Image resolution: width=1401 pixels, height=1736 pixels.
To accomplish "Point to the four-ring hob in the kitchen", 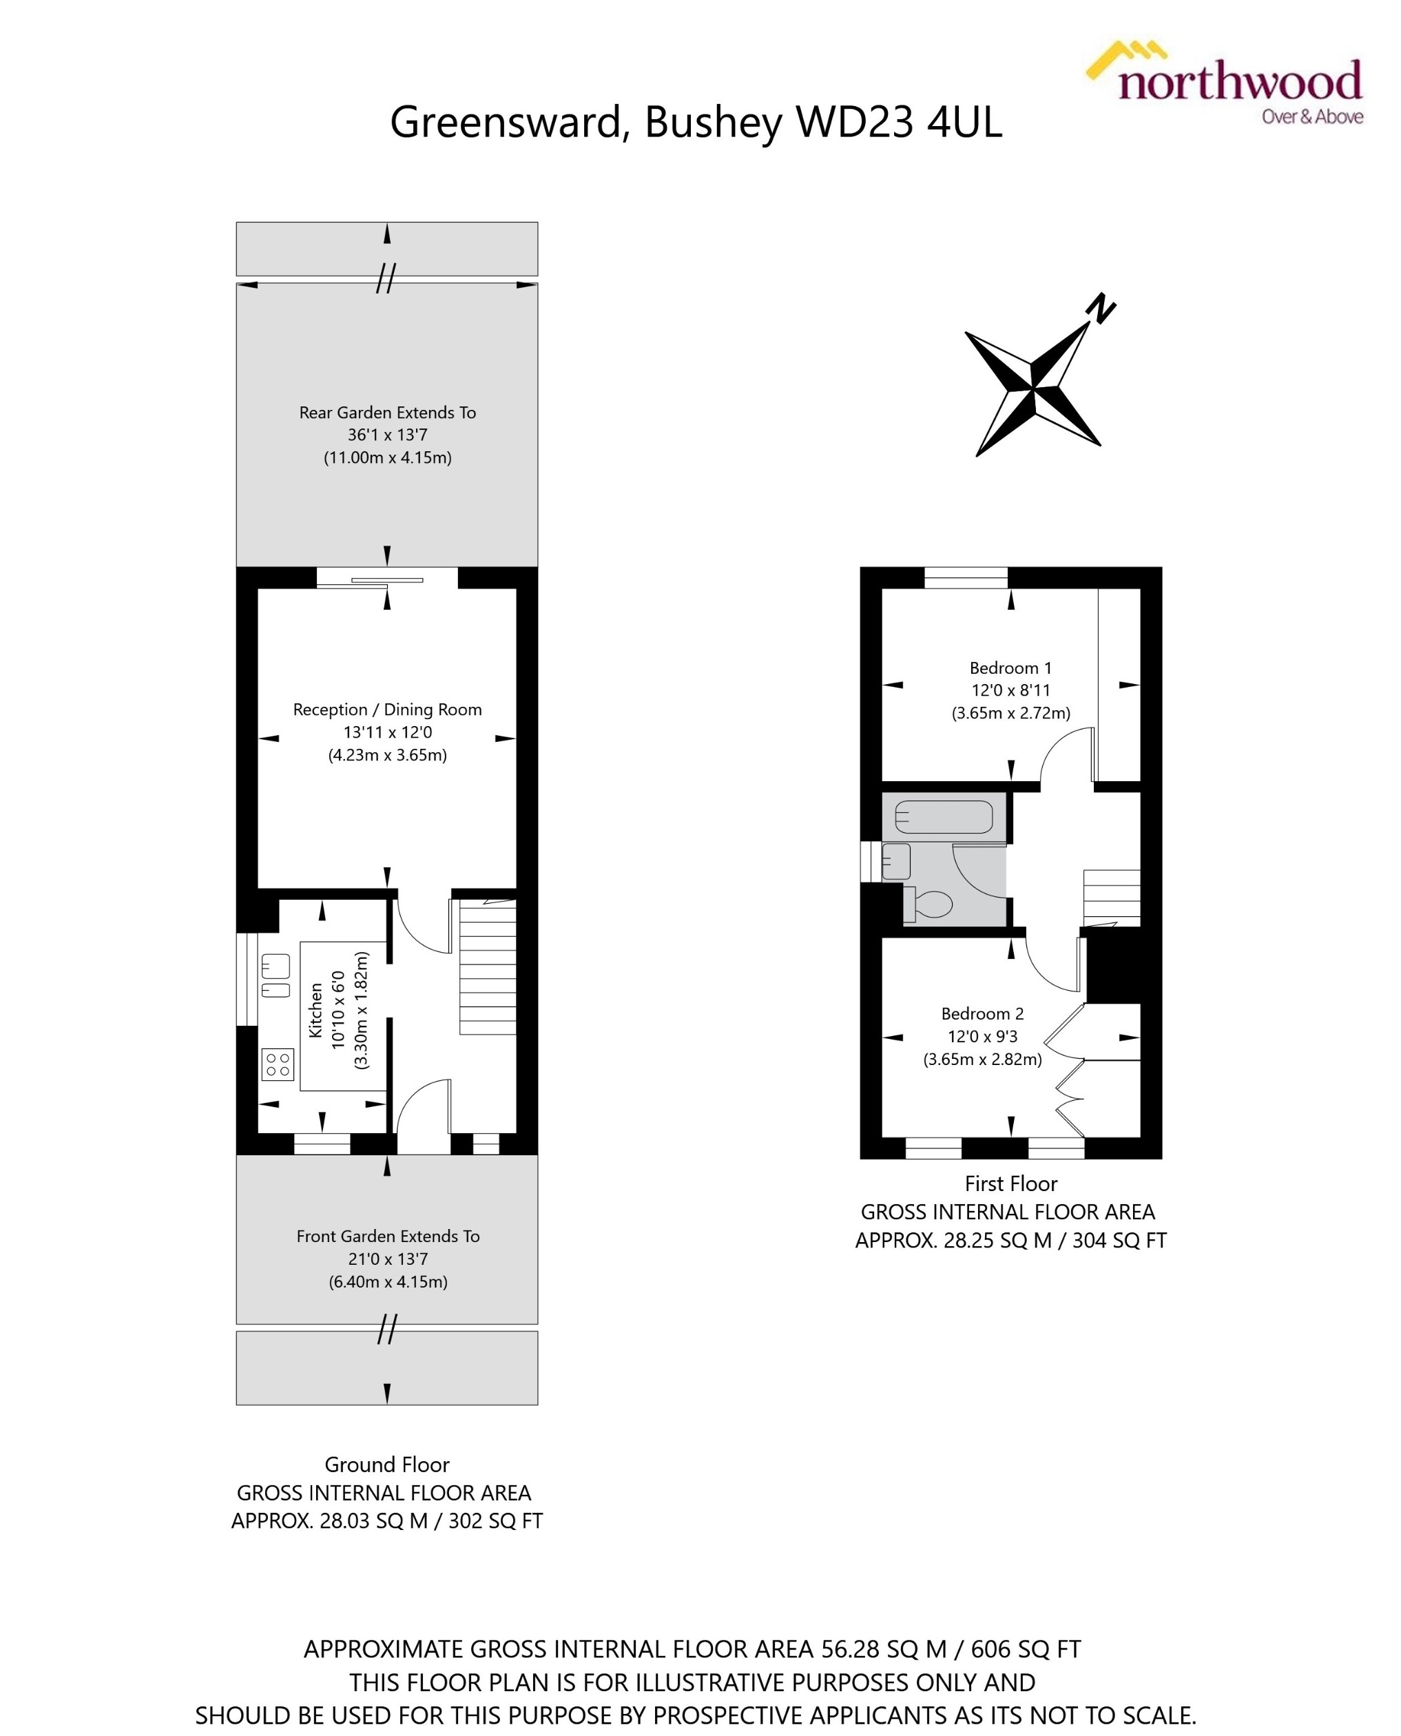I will coord(278,1064).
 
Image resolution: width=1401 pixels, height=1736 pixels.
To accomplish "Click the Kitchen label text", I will coord(315,1010).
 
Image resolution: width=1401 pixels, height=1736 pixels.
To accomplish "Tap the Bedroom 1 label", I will coord(1010,668).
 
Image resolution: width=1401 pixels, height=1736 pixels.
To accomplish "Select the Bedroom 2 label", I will coord(982,1013).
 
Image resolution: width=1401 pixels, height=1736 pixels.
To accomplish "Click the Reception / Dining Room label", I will coord(387,710).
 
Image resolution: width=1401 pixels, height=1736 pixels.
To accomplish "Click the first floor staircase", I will coord(1111,897).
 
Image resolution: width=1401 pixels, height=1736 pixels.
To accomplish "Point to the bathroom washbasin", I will coord(896,861).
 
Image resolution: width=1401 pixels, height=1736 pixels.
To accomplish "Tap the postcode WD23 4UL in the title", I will coord(899,123).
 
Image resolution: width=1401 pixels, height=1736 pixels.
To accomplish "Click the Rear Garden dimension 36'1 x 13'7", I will coord(387,434).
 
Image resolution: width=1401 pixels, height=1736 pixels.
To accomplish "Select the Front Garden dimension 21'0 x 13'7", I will coord(387,1258).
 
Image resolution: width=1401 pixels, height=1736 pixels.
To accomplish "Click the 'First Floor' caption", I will coord(1010,1183).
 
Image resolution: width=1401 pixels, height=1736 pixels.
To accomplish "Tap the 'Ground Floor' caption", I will coord(386,1464).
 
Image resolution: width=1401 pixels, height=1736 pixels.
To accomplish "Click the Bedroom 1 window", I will coord(966,578).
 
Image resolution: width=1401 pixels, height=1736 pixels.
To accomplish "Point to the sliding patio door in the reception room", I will coord(387,579).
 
